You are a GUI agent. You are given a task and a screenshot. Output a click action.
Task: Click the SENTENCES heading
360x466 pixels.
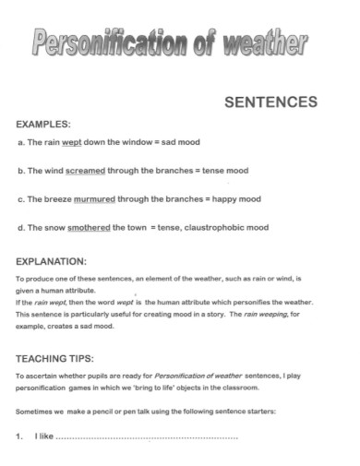[271, 102]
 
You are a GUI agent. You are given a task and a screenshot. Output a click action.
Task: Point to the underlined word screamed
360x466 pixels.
[85, 171]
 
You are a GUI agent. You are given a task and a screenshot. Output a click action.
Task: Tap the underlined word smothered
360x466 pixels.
[90, 227]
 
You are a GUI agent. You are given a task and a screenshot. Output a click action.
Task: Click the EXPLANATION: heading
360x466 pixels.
[52, 261]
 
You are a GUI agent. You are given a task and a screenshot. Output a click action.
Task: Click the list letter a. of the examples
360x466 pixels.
[21, 143]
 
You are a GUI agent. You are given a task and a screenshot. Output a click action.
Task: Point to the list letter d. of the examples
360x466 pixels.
[21, 227]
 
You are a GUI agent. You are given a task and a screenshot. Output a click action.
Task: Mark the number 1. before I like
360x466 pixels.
[20, 436]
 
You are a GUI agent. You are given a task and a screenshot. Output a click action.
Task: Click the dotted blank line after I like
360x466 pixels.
[148, 436]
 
